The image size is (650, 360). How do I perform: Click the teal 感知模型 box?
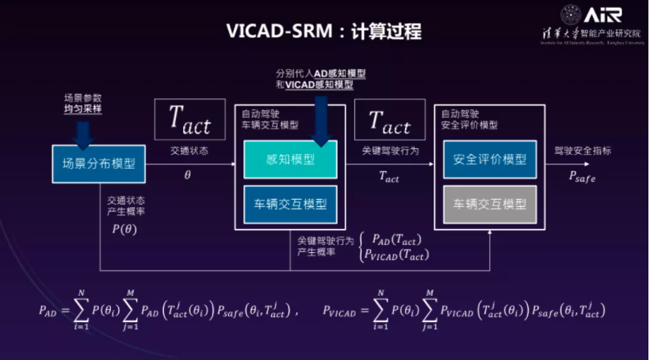tap(291, 159)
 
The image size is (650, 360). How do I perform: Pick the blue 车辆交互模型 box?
tap(291, 204)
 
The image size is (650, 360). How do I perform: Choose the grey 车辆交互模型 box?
tap(490, 204)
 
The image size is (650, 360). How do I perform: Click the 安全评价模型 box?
tap(490, 159)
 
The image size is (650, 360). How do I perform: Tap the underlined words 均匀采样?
tap(83, 109)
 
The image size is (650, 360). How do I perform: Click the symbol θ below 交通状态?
tap(188, 174)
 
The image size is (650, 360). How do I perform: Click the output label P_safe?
tap(582, 177)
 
